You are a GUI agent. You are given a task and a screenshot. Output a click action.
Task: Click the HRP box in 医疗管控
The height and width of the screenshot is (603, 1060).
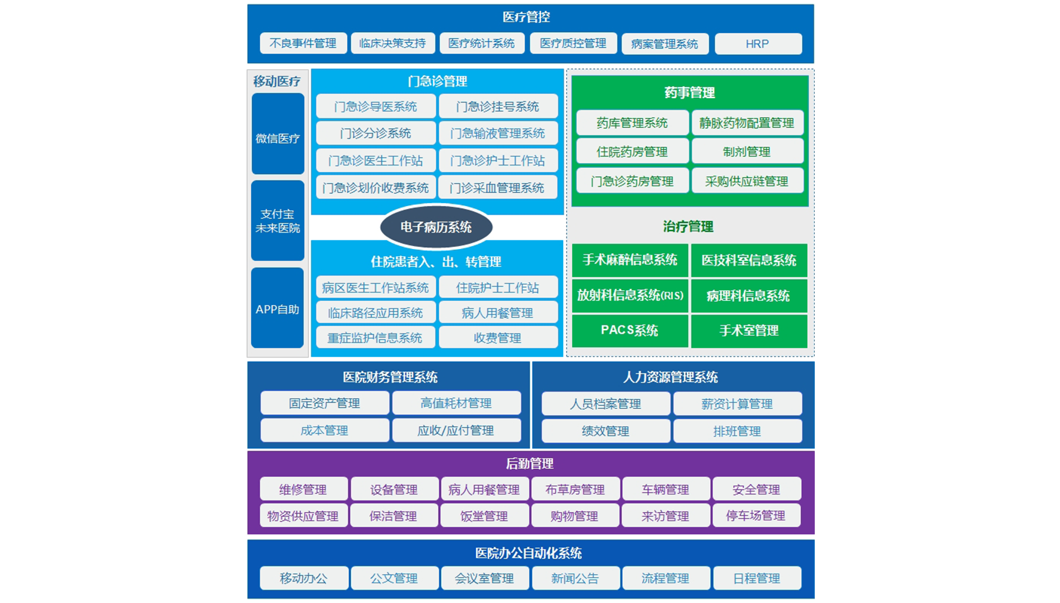coord(758,44)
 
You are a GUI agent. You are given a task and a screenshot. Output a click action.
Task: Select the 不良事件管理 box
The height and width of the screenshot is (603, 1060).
coord(303,43)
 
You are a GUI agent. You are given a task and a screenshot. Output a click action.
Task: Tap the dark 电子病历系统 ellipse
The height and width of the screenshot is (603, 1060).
coord(436,227)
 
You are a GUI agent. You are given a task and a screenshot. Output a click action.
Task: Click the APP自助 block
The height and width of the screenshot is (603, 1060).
coord(277,308)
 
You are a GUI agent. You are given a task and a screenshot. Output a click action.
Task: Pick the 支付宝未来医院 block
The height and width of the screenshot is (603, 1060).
coord(277,221)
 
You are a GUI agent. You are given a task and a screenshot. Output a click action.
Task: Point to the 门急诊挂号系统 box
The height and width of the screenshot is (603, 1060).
coord(498,106)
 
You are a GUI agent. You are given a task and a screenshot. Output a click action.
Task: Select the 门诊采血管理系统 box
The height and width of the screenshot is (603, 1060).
coord(498,188)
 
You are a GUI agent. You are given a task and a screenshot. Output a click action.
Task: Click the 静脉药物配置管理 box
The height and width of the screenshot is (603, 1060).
coord(747,123)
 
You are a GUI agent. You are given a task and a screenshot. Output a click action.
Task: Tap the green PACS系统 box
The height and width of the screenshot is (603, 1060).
coord(630,331)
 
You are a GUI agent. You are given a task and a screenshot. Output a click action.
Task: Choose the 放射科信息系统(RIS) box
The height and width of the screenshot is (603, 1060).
coord(630,295)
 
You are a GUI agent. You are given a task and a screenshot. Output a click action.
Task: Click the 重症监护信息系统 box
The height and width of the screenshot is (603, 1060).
coord(375,338)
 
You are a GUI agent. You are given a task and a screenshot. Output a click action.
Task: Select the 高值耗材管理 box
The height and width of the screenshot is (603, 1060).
coord(456,403)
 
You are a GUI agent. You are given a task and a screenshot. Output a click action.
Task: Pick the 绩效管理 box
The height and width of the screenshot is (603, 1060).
coord(605,431)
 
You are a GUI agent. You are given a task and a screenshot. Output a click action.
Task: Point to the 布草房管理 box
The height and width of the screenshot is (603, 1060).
coord(575,489)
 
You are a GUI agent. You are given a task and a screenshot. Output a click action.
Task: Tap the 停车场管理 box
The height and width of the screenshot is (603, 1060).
coord(756,516)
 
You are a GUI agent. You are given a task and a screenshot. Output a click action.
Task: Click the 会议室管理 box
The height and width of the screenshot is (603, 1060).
coord(484,578)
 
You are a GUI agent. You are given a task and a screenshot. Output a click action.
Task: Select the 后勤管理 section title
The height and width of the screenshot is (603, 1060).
coord(530,463)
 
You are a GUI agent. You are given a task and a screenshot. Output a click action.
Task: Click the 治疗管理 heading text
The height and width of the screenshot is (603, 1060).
coord(688,227)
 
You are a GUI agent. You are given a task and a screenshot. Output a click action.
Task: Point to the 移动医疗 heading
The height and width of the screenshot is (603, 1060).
coord(277,81)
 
